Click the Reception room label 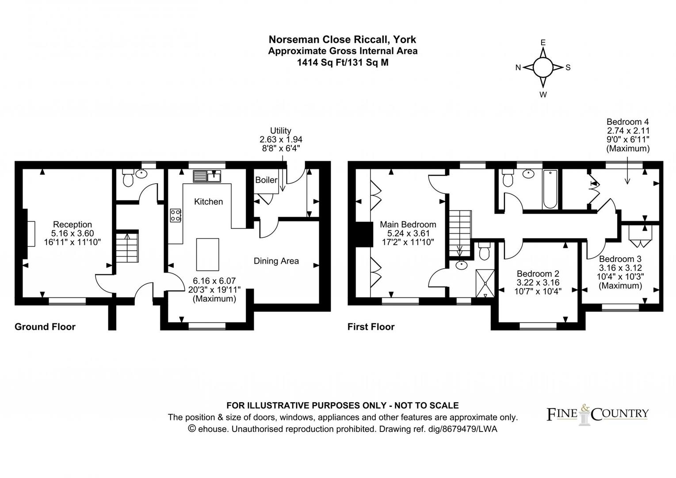coord(73,224)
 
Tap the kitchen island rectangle coord(207,254)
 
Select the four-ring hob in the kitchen coord(176,215)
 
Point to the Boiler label coord(266,180)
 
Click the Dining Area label coord(276,261)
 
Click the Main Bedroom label coord(408,225)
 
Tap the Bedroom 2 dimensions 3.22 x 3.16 coord(538,282)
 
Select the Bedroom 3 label coord(620,259)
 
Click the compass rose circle coord(542,68)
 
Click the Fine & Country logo coord(598,414)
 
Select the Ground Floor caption coord(45,327)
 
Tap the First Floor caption coord(371,327)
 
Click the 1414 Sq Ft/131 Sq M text coord(343,62)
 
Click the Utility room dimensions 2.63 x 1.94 coord(281,139)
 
